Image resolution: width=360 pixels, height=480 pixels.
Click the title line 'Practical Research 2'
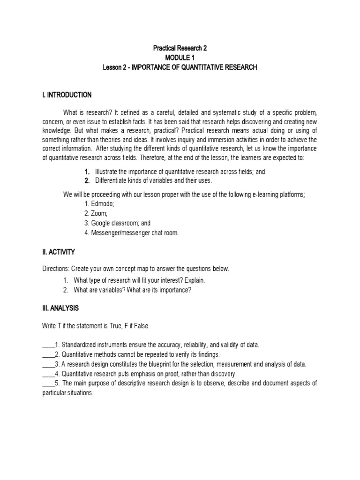pyautogui.click(x=180, y=48)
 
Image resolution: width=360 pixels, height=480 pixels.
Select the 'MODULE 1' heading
pyautogui.click(x=180, y=58)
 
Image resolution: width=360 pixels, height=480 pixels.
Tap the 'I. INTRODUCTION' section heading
pyautogui.click(x=67, y=95)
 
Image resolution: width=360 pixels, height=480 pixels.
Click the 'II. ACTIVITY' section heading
pyautogui.click(x=58, y=252)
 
